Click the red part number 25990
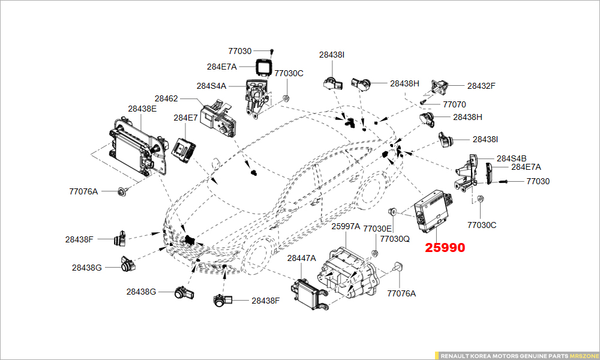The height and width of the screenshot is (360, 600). point(445,247)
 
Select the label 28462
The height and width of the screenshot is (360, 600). point(166,98)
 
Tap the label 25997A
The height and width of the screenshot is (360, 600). point(346,226)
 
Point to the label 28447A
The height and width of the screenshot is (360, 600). point(301,258)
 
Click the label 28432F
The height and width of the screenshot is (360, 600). point(481,86)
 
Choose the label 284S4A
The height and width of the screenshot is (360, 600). point(211,86)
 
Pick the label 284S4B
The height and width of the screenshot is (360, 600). point(512,158)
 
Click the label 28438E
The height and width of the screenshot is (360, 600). point(142,109)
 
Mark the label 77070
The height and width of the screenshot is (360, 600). point(454,104)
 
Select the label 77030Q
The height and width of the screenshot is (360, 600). point(395,238)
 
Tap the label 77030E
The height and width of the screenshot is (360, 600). point(377,229)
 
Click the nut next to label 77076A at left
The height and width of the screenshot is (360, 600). point(123,192)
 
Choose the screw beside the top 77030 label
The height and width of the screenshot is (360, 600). point(271,52)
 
